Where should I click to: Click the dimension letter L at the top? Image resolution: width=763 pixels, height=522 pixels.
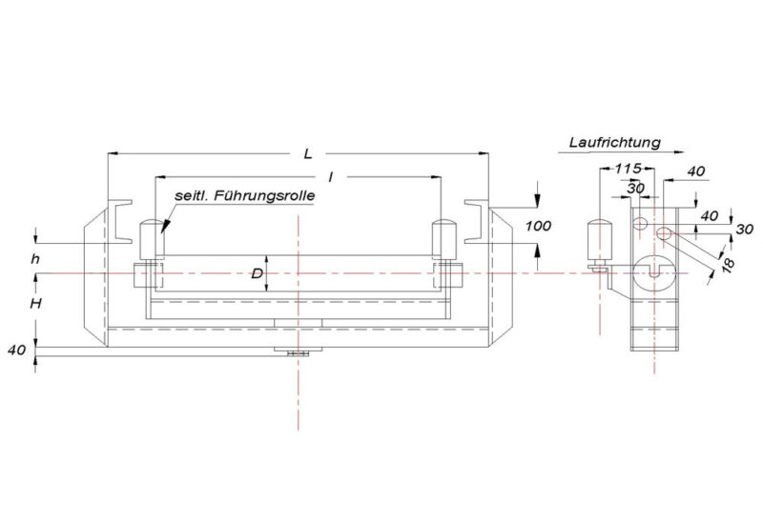[306, 151]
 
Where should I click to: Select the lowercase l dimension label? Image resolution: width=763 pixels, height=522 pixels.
[328, 176]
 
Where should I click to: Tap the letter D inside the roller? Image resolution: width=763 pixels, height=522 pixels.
[257, 274]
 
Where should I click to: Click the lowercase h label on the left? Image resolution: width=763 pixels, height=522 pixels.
[36, 257]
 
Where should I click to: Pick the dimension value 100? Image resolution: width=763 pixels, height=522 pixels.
[539, 226]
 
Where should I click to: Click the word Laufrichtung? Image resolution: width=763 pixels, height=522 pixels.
[615, 143]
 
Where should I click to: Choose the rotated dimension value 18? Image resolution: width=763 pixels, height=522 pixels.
[727, 263]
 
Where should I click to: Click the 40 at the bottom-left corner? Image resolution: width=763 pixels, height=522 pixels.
[16, 350]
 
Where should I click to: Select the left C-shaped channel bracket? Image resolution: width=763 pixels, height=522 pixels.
[121, 218]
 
